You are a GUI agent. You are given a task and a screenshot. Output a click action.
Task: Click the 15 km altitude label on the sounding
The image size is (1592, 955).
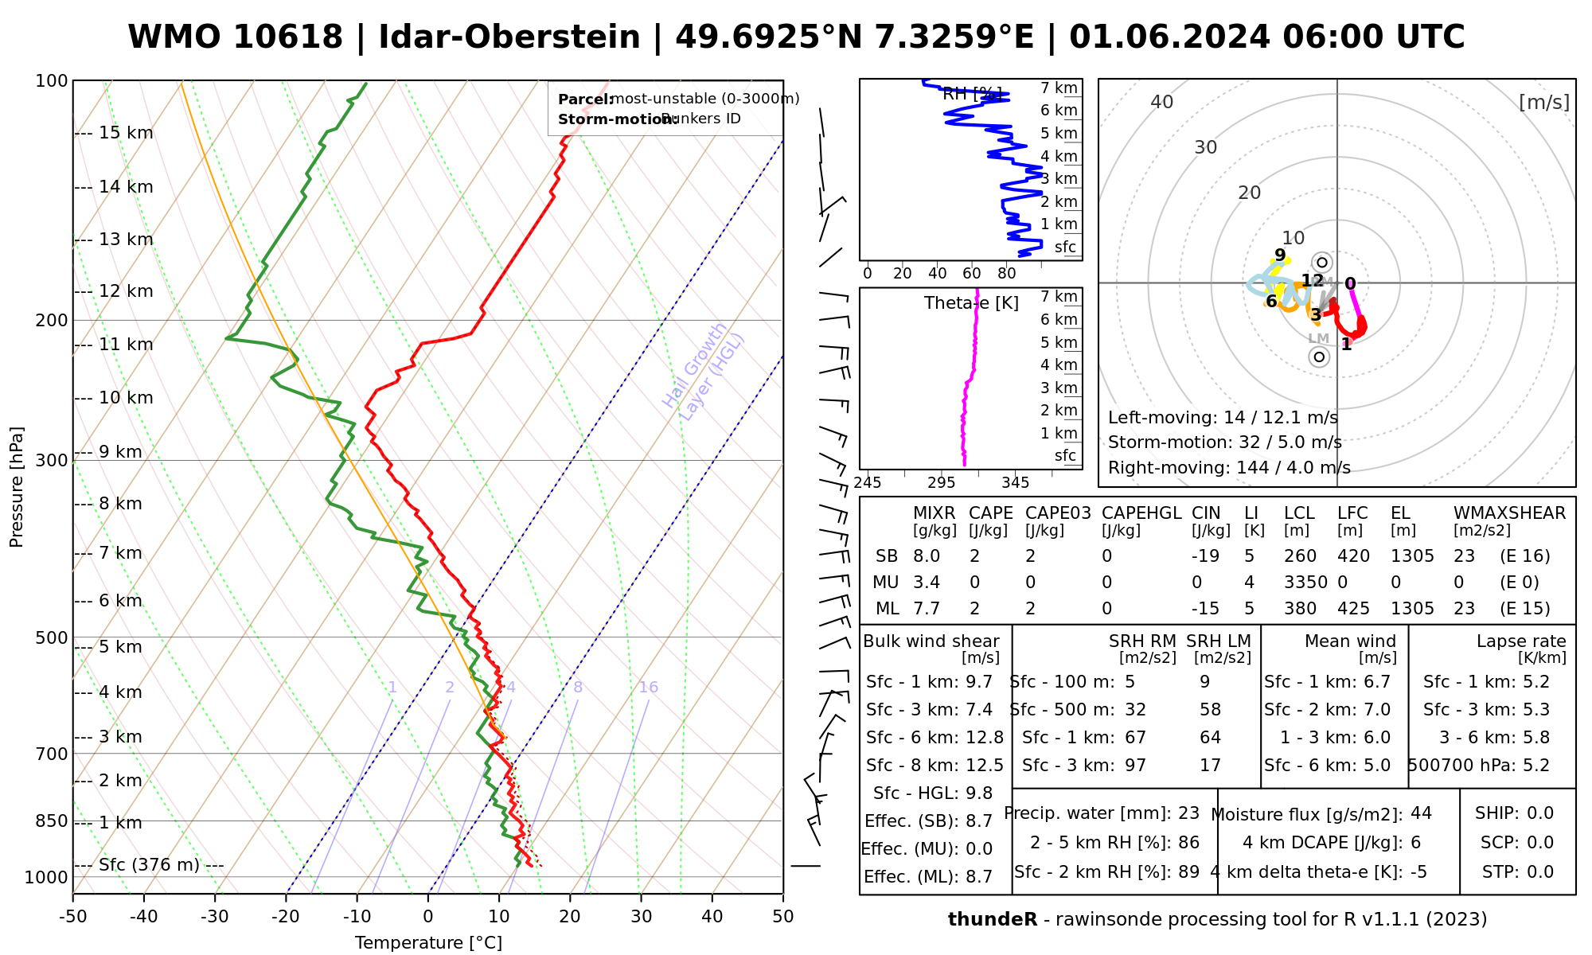[126, 133]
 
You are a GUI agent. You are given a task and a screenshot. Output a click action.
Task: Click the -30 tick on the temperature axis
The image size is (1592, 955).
[215, 917]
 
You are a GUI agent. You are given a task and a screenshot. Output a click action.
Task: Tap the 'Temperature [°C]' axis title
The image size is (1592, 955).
[428, 943]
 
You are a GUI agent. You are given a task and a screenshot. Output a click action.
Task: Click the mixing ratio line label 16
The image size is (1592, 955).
[648, 688]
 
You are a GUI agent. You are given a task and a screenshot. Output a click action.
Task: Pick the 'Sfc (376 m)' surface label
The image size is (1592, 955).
[149, 865]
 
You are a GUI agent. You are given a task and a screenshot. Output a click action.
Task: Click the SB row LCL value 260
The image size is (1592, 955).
[1300, 556]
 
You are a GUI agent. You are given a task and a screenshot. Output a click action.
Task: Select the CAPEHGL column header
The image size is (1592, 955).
[1141, 513]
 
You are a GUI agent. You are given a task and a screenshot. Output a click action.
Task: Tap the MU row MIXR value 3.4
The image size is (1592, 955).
[927, 583]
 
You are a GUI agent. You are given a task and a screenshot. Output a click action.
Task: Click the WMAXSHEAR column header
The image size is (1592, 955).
[1509, 513]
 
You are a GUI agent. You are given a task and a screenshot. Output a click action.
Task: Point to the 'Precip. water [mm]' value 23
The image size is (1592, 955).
[1188, 813]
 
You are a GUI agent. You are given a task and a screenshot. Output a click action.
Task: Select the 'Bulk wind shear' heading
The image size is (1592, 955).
[931, 641]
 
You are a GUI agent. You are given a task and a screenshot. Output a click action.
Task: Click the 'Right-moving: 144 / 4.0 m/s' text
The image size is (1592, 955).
[1228, 468]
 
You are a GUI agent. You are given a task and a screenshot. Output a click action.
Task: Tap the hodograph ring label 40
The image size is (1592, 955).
[1162, 102]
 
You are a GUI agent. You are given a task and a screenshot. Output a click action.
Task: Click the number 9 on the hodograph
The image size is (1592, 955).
[1280, 255]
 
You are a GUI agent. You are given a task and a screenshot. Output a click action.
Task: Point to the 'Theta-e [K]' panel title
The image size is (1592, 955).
[971, 303]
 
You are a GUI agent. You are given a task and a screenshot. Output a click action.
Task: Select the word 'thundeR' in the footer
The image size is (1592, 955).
[992, 920]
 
